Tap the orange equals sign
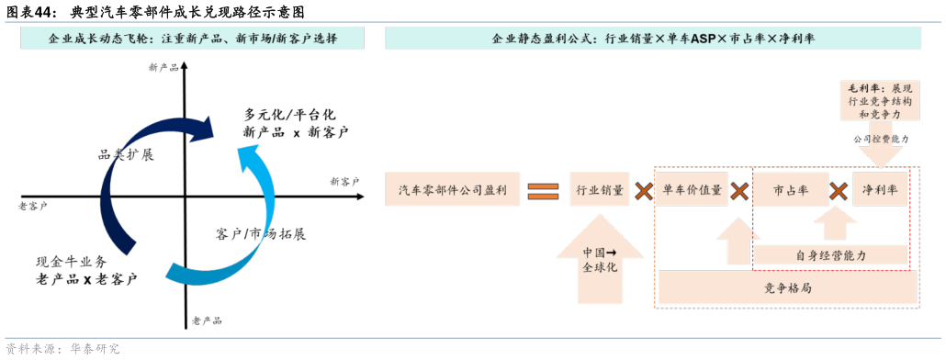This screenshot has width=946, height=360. (543, 191)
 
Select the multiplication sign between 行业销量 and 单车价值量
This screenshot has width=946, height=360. (643, 191)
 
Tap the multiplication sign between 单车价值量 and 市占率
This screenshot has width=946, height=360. (740, 191)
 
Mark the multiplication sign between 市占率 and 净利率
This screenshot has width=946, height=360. (839, 191)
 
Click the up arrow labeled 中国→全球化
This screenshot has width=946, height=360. (600, 262)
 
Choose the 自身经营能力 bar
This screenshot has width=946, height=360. (829, 255)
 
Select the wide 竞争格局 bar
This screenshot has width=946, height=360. (787, 288)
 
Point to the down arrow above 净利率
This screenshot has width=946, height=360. (879, 151)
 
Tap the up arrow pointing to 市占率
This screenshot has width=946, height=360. (834, 224)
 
